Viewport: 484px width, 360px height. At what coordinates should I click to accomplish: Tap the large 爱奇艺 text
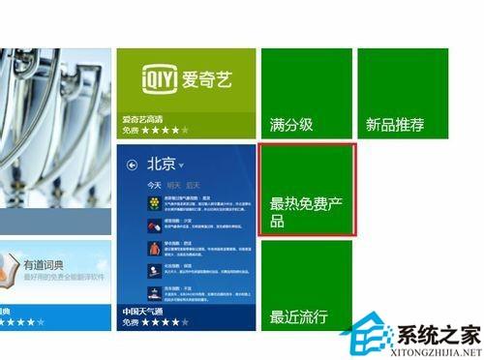pos(207,78)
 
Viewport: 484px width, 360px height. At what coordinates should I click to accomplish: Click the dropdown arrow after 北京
pos(181,165)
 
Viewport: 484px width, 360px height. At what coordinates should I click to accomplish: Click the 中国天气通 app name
pos(144,311)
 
